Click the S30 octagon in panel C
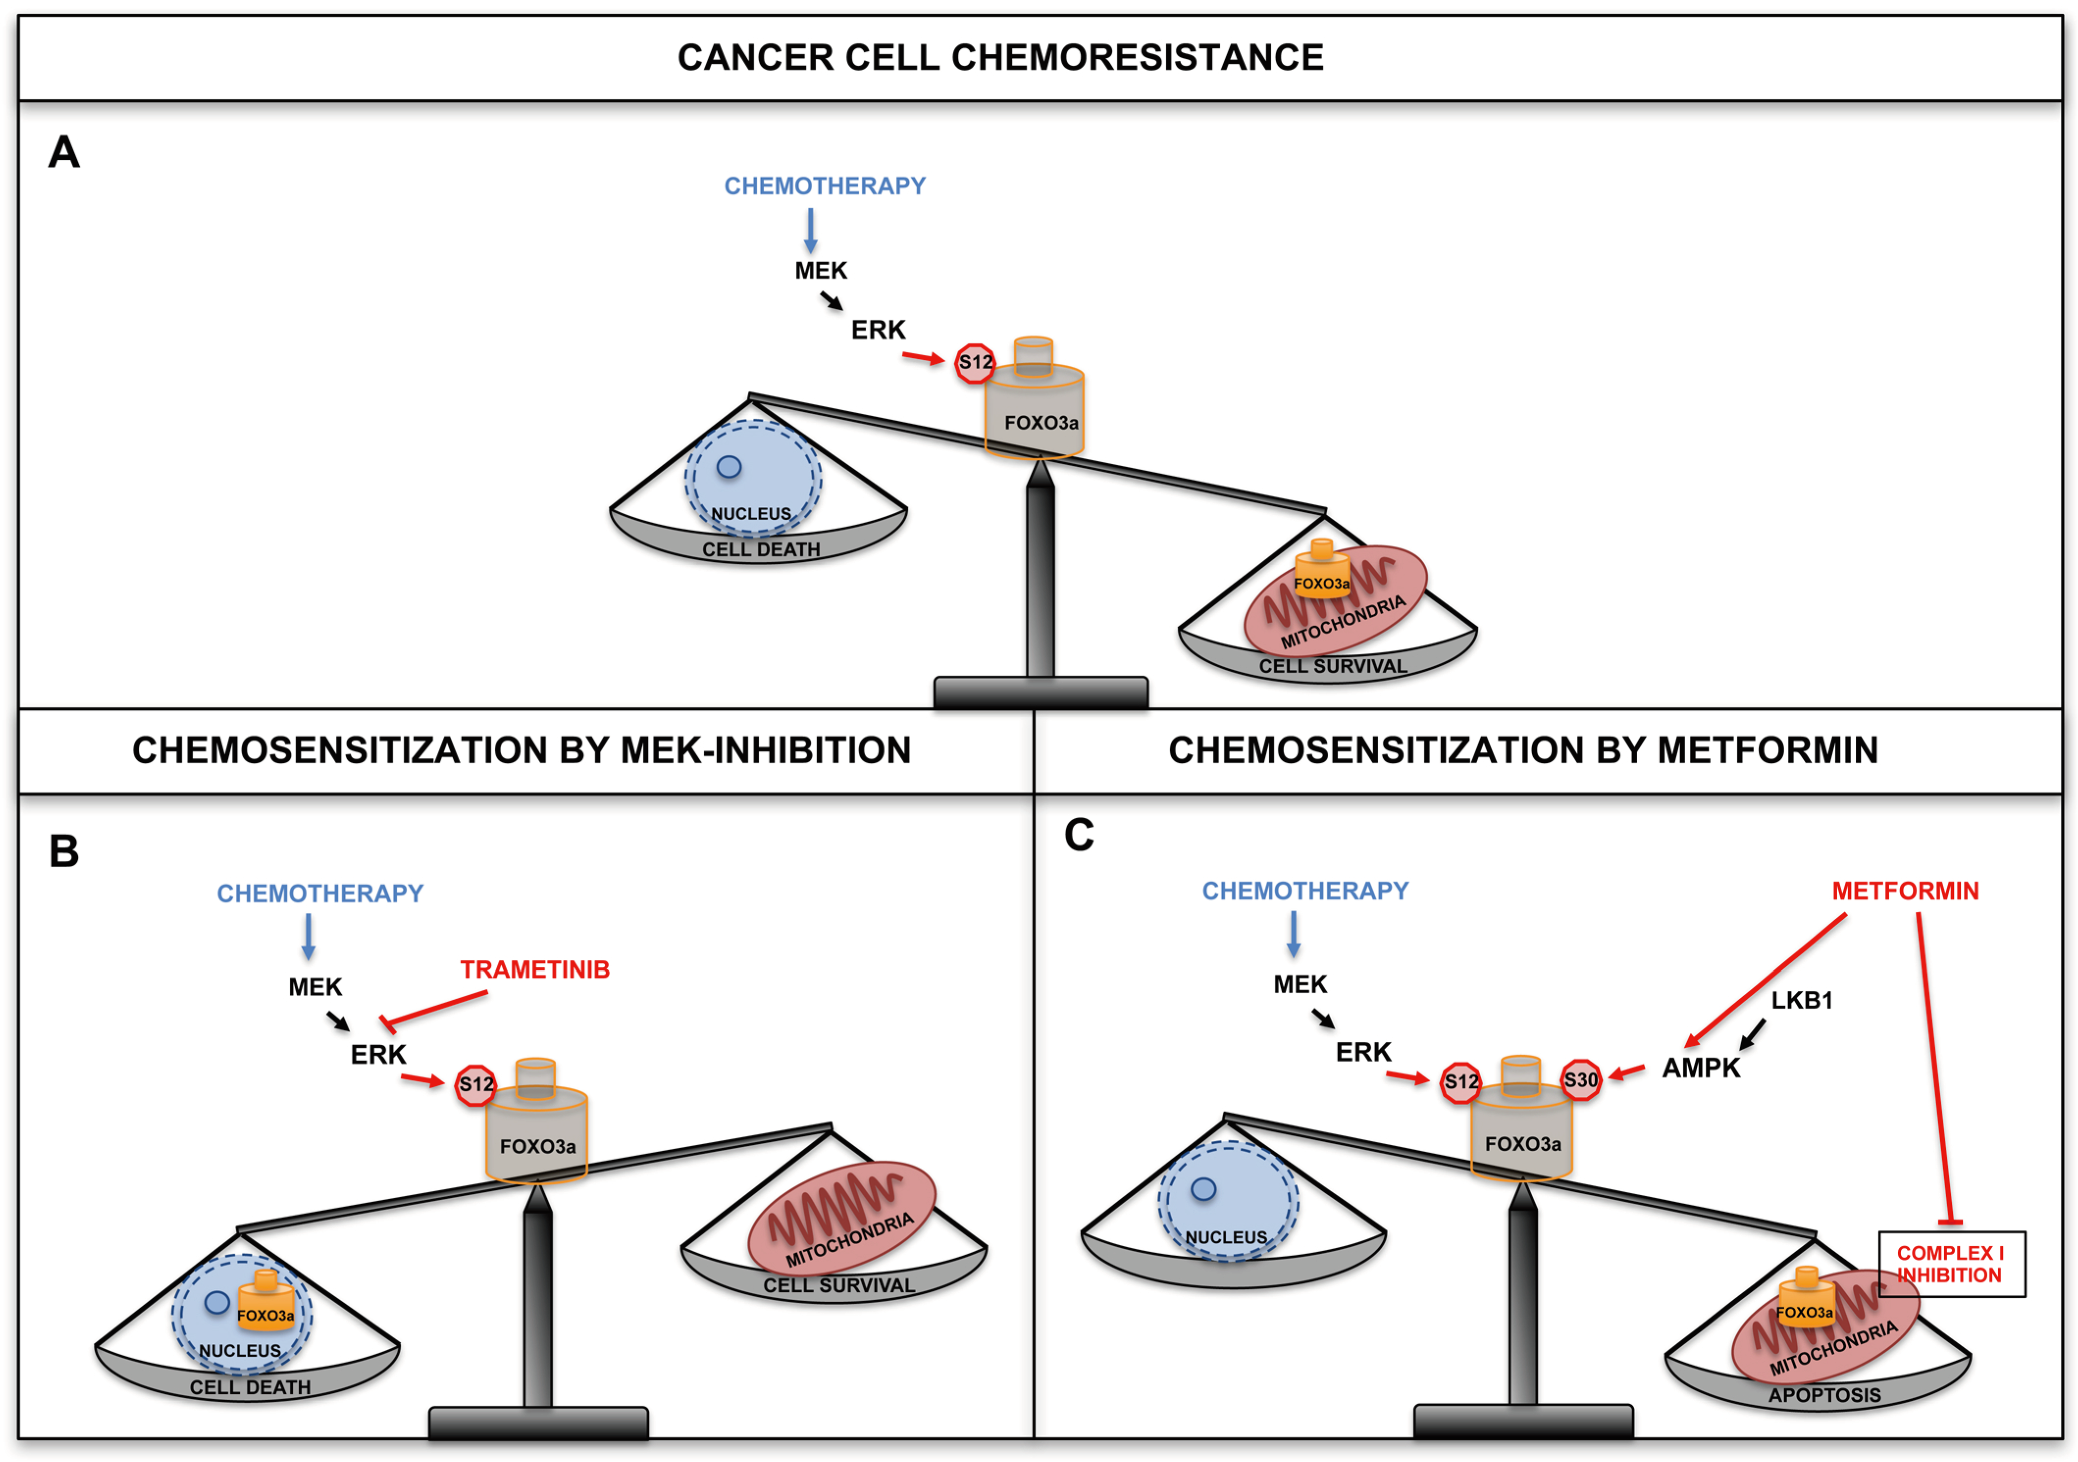pos(1580,1079)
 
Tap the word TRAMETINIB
pos(535,970)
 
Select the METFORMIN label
pos(1905,891)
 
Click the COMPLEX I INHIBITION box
pos(1951,1264)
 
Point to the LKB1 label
pos(1801,1001)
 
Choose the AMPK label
pos(1700,1068)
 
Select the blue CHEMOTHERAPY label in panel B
pos(319,894)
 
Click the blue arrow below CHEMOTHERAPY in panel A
pos(811,231)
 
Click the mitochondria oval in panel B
pos(842,1219)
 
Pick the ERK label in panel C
pos(1363,1052)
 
